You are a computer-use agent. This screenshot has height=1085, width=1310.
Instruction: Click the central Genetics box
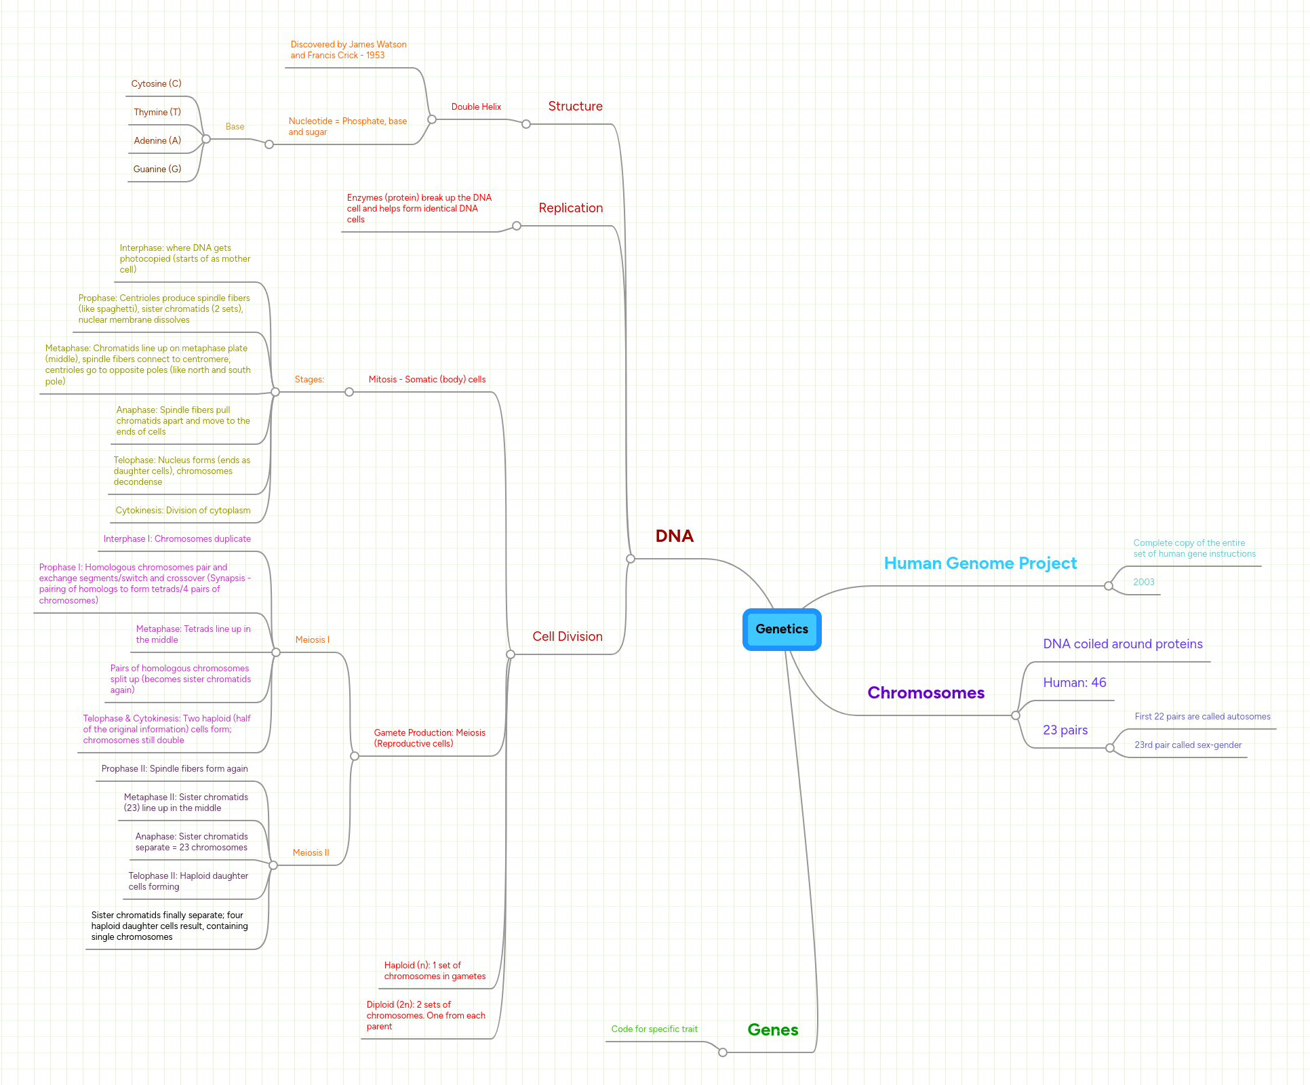782,629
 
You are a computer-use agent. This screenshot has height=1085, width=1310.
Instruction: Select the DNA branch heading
674,536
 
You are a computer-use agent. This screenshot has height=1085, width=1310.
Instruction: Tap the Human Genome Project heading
980,564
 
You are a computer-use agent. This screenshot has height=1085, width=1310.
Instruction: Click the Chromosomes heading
926,693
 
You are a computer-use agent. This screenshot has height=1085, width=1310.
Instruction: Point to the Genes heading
772,1030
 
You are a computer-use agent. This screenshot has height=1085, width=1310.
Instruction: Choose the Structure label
575,106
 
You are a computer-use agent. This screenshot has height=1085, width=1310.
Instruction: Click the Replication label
570,208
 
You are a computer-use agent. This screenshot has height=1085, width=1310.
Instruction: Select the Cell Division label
567,637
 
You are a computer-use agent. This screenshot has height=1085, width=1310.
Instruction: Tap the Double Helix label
476,107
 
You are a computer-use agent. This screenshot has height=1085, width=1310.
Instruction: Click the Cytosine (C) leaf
156,84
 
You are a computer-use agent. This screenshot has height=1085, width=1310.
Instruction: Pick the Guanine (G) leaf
157,170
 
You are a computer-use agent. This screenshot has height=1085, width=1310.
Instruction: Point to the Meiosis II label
311,853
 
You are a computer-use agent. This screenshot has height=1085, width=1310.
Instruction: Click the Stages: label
309,380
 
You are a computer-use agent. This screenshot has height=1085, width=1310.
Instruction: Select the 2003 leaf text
1143,583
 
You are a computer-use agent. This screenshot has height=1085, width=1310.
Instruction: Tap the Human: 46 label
1074,683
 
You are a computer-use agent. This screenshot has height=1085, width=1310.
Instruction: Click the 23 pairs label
1065,730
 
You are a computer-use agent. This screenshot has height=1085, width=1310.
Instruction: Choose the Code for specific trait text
654,1029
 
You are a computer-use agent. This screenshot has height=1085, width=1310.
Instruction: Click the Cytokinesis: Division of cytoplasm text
182,511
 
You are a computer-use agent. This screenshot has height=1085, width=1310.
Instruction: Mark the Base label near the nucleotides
235,127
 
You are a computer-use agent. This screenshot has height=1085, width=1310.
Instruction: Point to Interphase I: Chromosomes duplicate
177,539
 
